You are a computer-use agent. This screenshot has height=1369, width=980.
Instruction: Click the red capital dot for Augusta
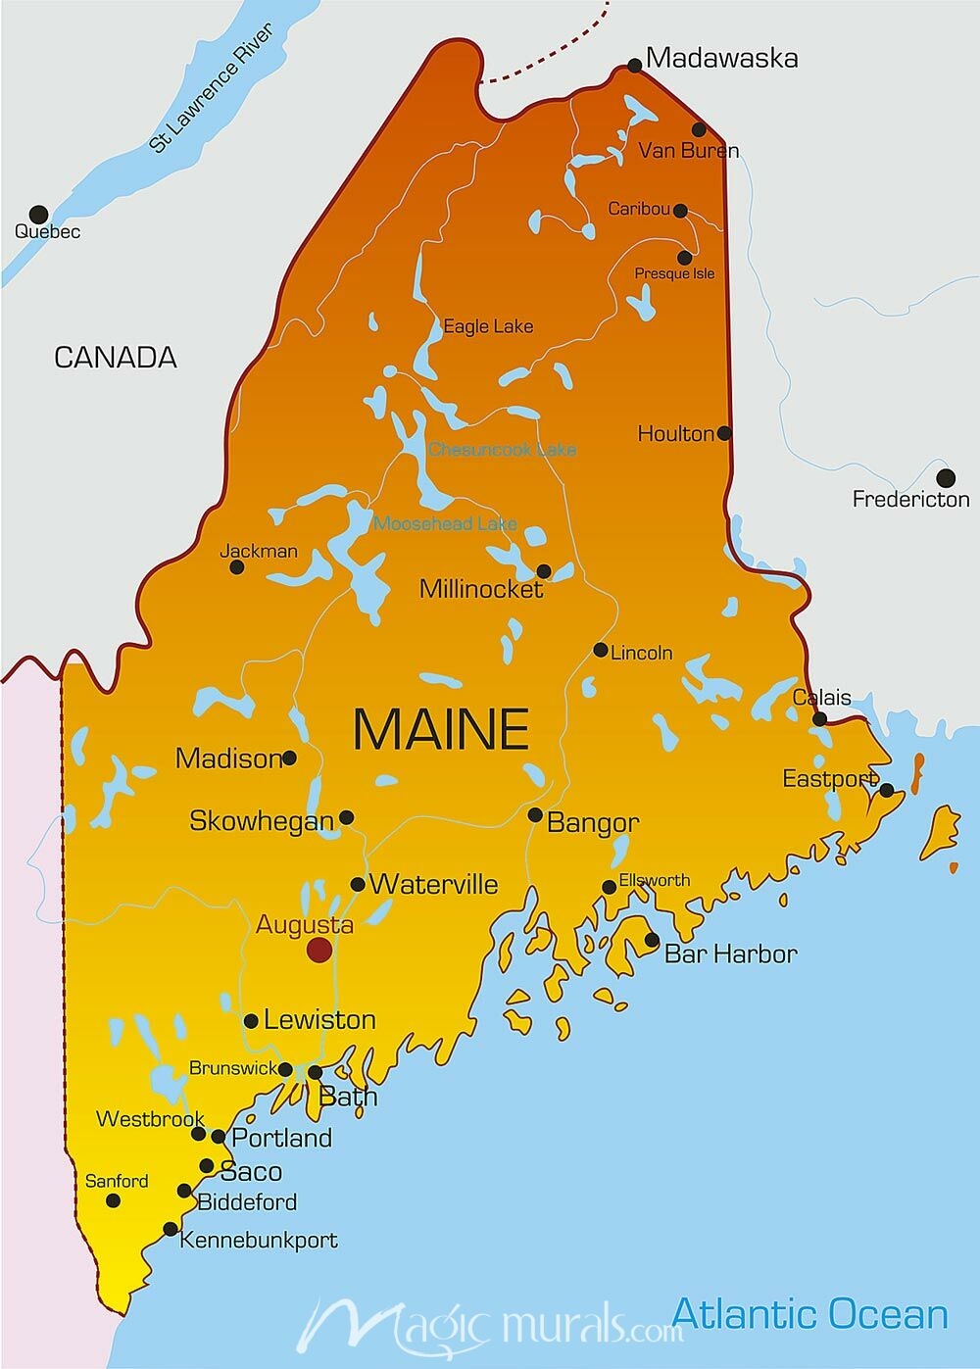(x=318, y=949)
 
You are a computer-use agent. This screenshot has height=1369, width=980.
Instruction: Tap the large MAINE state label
(x=441, y=729)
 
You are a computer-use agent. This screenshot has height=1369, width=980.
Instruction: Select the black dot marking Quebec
(x=38, y=214)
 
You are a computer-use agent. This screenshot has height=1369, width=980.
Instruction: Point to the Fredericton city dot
(x=945, y=478)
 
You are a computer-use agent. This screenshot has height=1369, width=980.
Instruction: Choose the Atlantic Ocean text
(x=809, y=1314)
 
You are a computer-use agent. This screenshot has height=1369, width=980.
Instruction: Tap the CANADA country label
(x=116, y=358)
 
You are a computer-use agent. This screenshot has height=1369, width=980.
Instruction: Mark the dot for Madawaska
(x=634, y=66)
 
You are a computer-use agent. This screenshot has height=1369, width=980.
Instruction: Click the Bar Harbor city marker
(x=652, y=940)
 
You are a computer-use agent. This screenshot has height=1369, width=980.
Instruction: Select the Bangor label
(x=593, y=822)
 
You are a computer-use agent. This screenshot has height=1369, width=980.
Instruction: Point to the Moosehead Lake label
(x=445, y=523)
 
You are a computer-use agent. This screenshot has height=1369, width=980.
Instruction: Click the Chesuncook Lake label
(x=503, y=450)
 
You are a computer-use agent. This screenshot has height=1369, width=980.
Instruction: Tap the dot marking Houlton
(x=724, y=433)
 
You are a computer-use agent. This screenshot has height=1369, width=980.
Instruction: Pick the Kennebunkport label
(x=259, y=1240)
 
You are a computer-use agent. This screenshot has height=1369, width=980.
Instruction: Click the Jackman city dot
(x=236, y=566)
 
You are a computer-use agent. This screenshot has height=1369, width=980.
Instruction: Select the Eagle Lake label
(x=488, y=326)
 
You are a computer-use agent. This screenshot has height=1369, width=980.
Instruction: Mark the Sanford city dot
(x=114, y=1200)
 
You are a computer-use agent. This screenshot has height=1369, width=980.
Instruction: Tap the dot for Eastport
(x=886, y=790)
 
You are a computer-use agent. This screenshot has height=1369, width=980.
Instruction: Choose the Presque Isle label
(x=674, y=273)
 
